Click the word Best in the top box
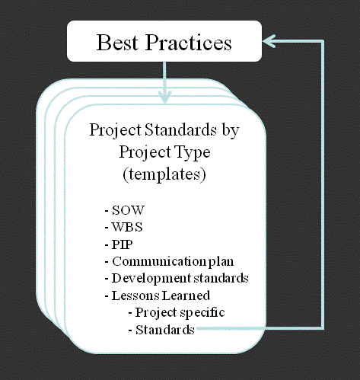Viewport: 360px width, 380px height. coord(117,43)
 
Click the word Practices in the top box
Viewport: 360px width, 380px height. coord(188,43)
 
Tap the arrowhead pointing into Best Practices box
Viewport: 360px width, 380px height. coord(269,41)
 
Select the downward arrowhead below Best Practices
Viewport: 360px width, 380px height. coord(165,97)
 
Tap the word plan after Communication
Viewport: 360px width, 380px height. coord(221,262)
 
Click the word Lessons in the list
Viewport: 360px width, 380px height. coord(135,295)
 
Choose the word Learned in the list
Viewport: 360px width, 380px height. coord(186,295)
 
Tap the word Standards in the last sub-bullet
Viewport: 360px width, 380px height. coord(165,330)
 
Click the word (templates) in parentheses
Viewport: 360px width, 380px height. coord(164,174)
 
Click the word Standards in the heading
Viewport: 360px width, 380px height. coord(180,130)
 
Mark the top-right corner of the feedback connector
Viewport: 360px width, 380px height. coord(323,41)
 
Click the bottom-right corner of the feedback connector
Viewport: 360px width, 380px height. coord(323,328)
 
